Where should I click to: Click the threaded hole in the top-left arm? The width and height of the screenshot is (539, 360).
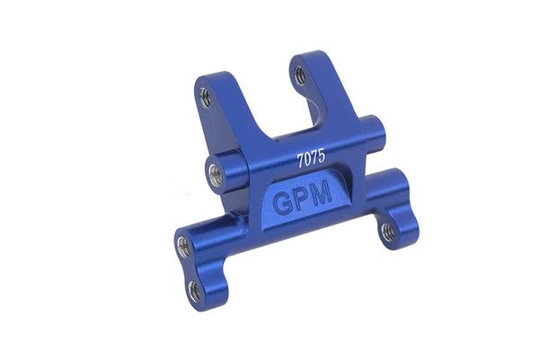tap(205, 97)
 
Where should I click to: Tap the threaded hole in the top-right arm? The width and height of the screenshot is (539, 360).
tap(300, 75)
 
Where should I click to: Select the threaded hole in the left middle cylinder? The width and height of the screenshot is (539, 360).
tap(216, 175)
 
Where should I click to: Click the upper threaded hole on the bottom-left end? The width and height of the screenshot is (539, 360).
tap(183, 247)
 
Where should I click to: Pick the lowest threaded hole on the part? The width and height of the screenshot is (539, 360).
tap(195, 292)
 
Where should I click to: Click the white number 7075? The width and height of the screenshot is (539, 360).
tap(311, 159)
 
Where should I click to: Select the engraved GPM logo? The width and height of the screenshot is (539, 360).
tap(303, 199)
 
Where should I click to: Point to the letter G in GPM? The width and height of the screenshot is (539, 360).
tap(283, 204)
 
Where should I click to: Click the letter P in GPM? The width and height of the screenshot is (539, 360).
tap(302, 199)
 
